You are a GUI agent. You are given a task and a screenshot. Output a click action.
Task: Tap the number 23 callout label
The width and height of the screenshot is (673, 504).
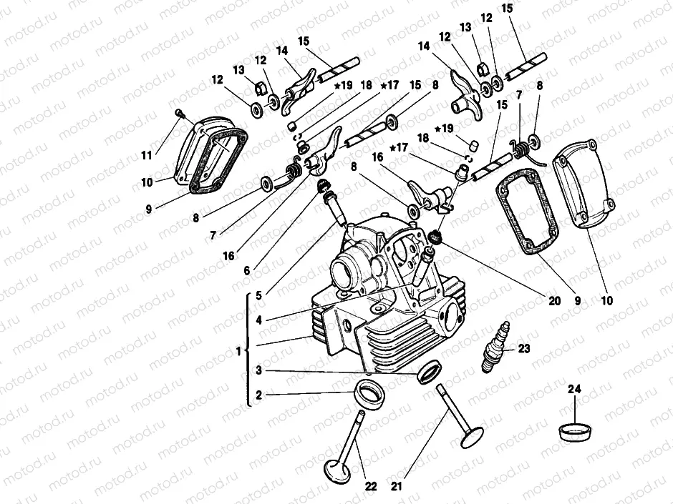[x=524, y=350]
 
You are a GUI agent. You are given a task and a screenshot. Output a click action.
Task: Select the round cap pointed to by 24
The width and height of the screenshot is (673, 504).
[x=576, y=431]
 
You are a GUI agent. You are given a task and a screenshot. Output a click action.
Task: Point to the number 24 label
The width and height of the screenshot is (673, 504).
[x=576, y=390]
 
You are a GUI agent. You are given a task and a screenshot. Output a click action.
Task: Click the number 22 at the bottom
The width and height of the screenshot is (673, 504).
[x=371, y=487]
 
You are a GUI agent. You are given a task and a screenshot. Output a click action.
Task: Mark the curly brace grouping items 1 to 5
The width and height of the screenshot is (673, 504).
[x=248, y=350]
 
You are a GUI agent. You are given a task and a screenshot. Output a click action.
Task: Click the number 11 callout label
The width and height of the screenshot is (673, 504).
[x=147, y=155]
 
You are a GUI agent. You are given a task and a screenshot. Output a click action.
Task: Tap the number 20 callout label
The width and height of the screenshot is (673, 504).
[x=553, y=301]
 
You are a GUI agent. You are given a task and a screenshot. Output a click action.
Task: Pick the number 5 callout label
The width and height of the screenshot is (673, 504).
[x=258, y=293]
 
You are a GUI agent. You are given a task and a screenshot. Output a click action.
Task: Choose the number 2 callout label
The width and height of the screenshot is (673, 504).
[x=258, y=394]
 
